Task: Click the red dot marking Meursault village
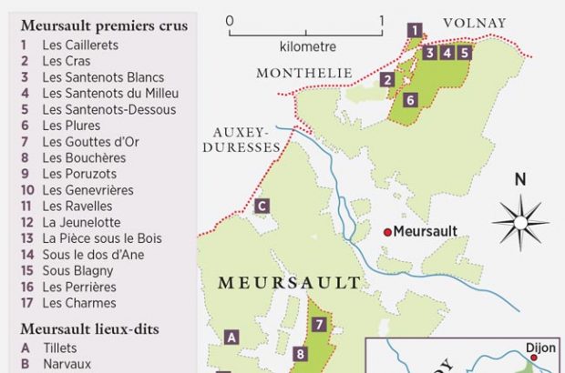387,232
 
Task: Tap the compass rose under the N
520,221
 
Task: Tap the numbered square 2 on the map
388,80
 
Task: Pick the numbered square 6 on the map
410,100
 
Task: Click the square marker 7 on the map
319,324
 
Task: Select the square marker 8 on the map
300,354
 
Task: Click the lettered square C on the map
262,207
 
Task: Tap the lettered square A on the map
231,338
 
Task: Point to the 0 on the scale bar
230,20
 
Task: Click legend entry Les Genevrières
87,190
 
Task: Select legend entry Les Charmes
78,303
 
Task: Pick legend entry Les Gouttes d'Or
88,141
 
